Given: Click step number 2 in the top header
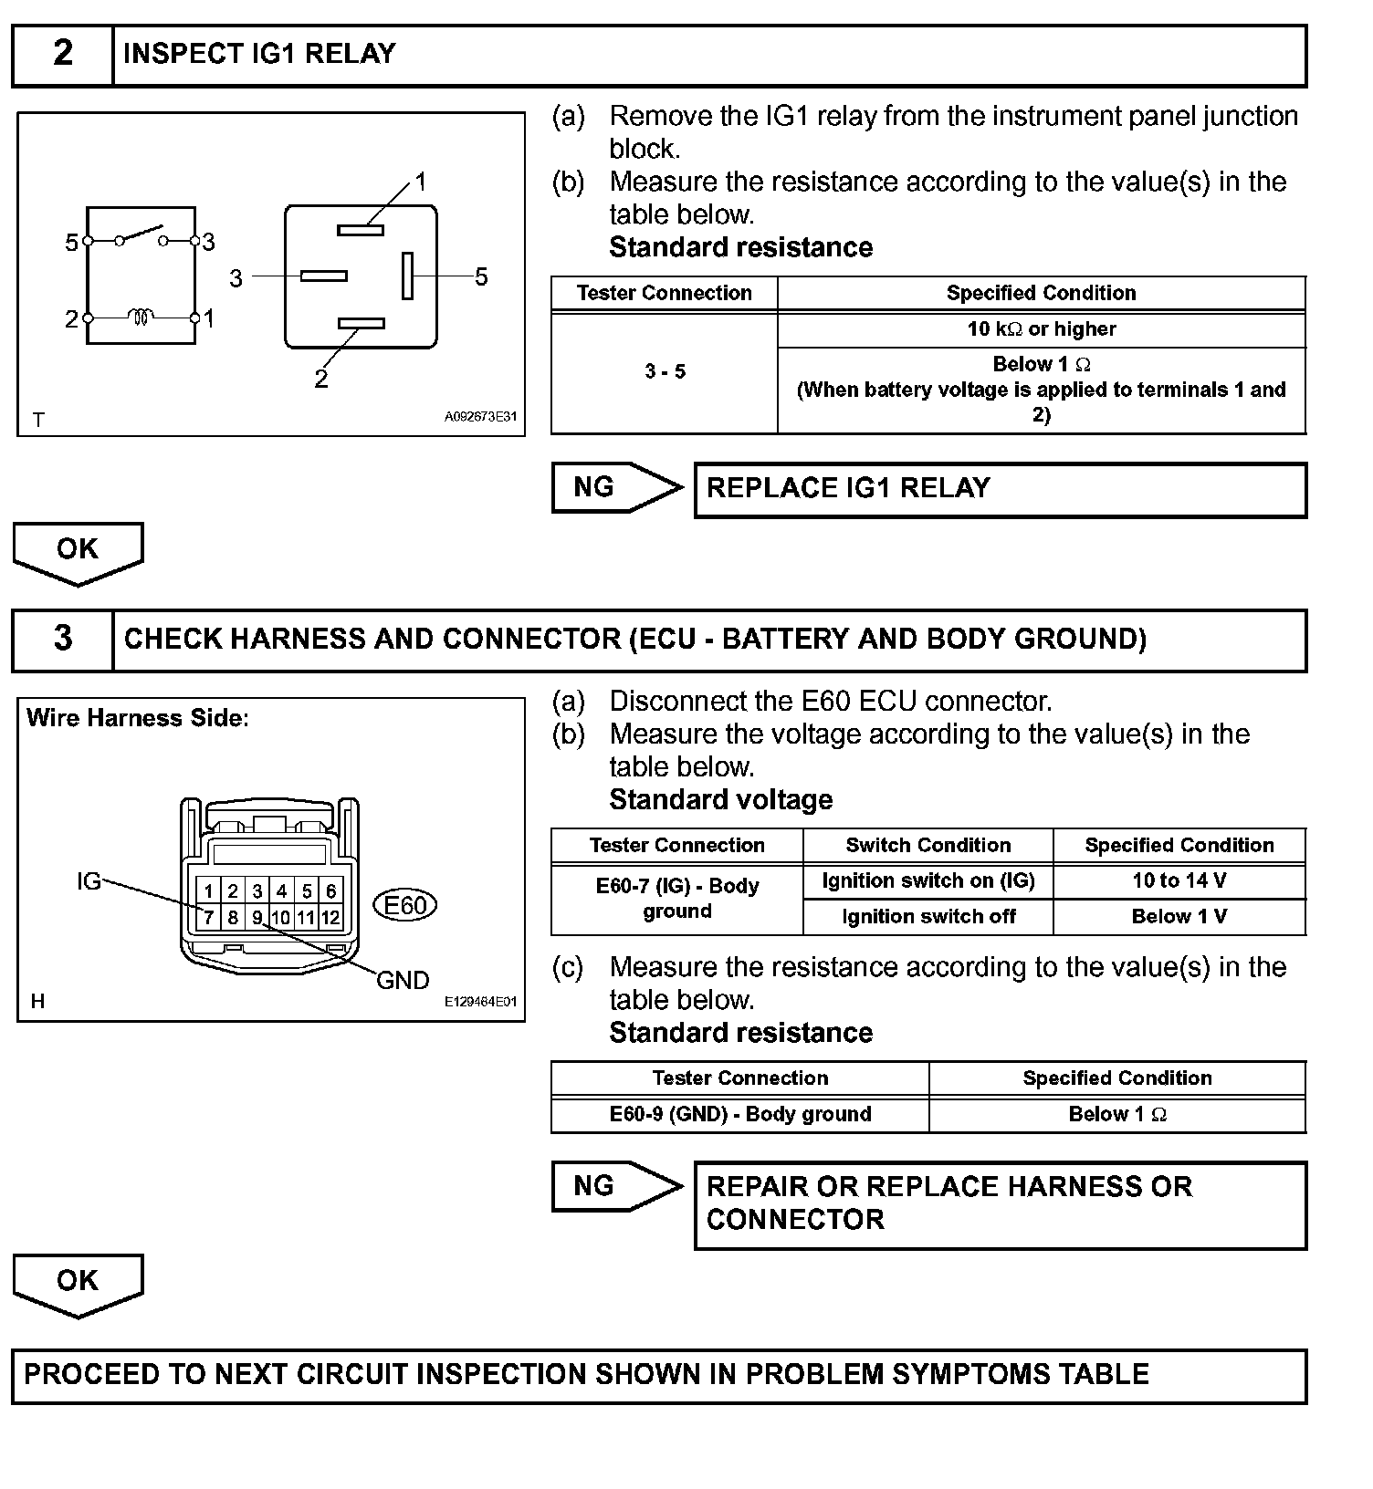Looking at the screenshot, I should click(x=62, y=54).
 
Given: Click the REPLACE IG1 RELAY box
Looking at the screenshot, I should click(x=1000, y=490).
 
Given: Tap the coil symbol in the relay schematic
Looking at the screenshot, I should click(x=141, y=318).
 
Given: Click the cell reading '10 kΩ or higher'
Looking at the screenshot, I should click(x=1041, y=329).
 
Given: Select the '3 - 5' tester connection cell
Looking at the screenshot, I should click(x=665, y=372).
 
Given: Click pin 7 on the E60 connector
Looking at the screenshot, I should click(x=209, y=917).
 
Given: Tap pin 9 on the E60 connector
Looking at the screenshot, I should click(x=257, y=917).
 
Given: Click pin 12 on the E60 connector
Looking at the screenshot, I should click(x=330, y=917).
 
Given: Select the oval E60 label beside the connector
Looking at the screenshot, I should click(x=405, y=905).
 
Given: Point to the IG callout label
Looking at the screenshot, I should click(x=89, y=881).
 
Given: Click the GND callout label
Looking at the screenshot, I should click(x=403, y=981).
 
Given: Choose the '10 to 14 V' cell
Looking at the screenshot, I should click(x=1179, y=881).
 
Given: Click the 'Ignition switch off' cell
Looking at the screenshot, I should click(x=928, y=917).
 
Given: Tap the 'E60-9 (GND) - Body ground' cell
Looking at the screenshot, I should click(x=739, y=1114).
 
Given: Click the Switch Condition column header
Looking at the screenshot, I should click(x=928, y=845).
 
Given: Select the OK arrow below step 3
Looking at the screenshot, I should click(x=78, y=1283).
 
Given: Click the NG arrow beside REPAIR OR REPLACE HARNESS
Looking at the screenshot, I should click(x=616, y=1186).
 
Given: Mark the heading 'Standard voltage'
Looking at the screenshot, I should click(x=720, y=800).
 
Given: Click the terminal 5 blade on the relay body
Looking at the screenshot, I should click(x=407, y=276).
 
